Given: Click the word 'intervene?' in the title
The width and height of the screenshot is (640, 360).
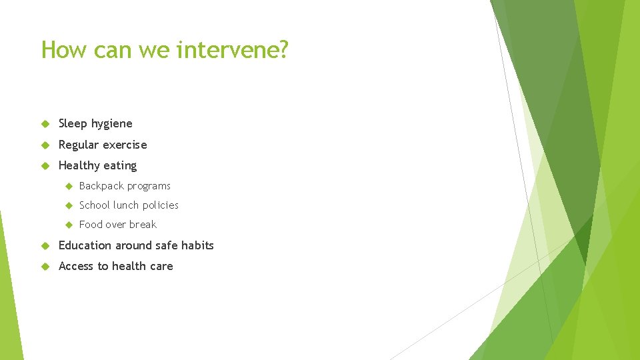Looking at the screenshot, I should (233, 49).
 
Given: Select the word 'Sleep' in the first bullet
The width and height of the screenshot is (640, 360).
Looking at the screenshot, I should (73, 123).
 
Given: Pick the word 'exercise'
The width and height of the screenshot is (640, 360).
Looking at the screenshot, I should (125, 145).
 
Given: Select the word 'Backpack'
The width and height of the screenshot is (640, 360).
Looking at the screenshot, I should (101, 186).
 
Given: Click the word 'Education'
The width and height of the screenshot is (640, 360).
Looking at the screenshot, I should (85, 245).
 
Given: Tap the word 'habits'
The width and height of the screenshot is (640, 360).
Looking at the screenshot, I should (197, 245).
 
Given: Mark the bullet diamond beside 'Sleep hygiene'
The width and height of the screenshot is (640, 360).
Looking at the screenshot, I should (45, 124).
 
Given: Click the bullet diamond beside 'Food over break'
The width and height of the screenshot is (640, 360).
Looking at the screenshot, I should (67, 225).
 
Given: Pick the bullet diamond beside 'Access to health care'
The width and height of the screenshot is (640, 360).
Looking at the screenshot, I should (45, 267).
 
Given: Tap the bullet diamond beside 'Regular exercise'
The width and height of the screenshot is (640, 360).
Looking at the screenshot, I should (45, 145).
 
